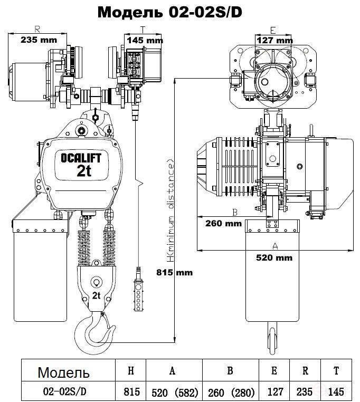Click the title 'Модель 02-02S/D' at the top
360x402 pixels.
point(170,12)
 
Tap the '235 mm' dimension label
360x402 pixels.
point(39,40)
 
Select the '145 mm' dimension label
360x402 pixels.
point(145,40)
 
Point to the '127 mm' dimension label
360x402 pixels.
point(274,40)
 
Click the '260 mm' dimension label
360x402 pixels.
point(223,223)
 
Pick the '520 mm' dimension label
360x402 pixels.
point(274,257)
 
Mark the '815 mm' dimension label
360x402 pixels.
point(175,272)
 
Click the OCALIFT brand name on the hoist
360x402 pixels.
point(81,158)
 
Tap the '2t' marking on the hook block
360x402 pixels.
point(96,295)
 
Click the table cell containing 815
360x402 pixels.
point(131,392)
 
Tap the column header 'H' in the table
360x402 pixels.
point(131,370)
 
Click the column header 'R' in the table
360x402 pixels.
point(305,370)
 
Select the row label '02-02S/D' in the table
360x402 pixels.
point(64,391)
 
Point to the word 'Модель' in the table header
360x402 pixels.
point(63,372)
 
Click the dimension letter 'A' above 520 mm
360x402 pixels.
point(275,246)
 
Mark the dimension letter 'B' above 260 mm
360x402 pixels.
point(235,212)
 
